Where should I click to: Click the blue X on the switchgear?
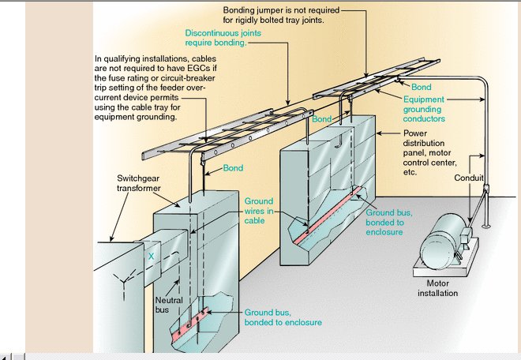pos(150,257)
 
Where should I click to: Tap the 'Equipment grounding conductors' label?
pos(425,109)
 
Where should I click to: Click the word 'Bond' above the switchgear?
pos(233,169)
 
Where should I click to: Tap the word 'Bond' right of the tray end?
pos(421,86)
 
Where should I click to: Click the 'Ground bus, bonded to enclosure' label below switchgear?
pos(282,317)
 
